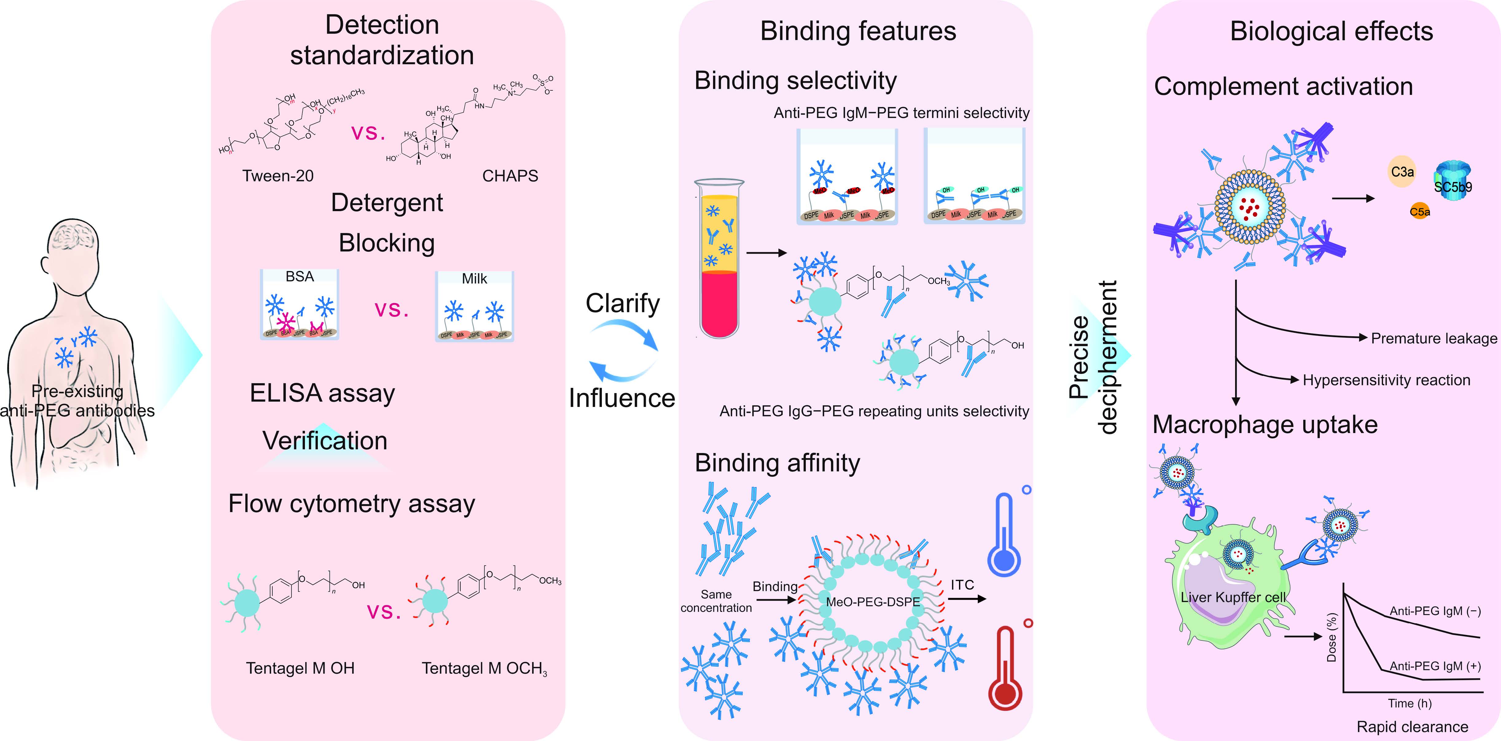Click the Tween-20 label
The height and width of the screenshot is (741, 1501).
coord(278,175)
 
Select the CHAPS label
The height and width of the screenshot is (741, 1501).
coord(510,175)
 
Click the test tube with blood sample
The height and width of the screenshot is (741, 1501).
coord(719,259)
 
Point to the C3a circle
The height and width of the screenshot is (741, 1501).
coord(1402,171)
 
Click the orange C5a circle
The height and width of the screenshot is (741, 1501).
coord(1419,211)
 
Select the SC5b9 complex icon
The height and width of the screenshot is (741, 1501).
coord(1453,181)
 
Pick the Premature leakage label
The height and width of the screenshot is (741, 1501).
coord(1433,338)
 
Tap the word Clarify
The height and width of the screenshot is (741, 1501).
coord(622,303)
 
